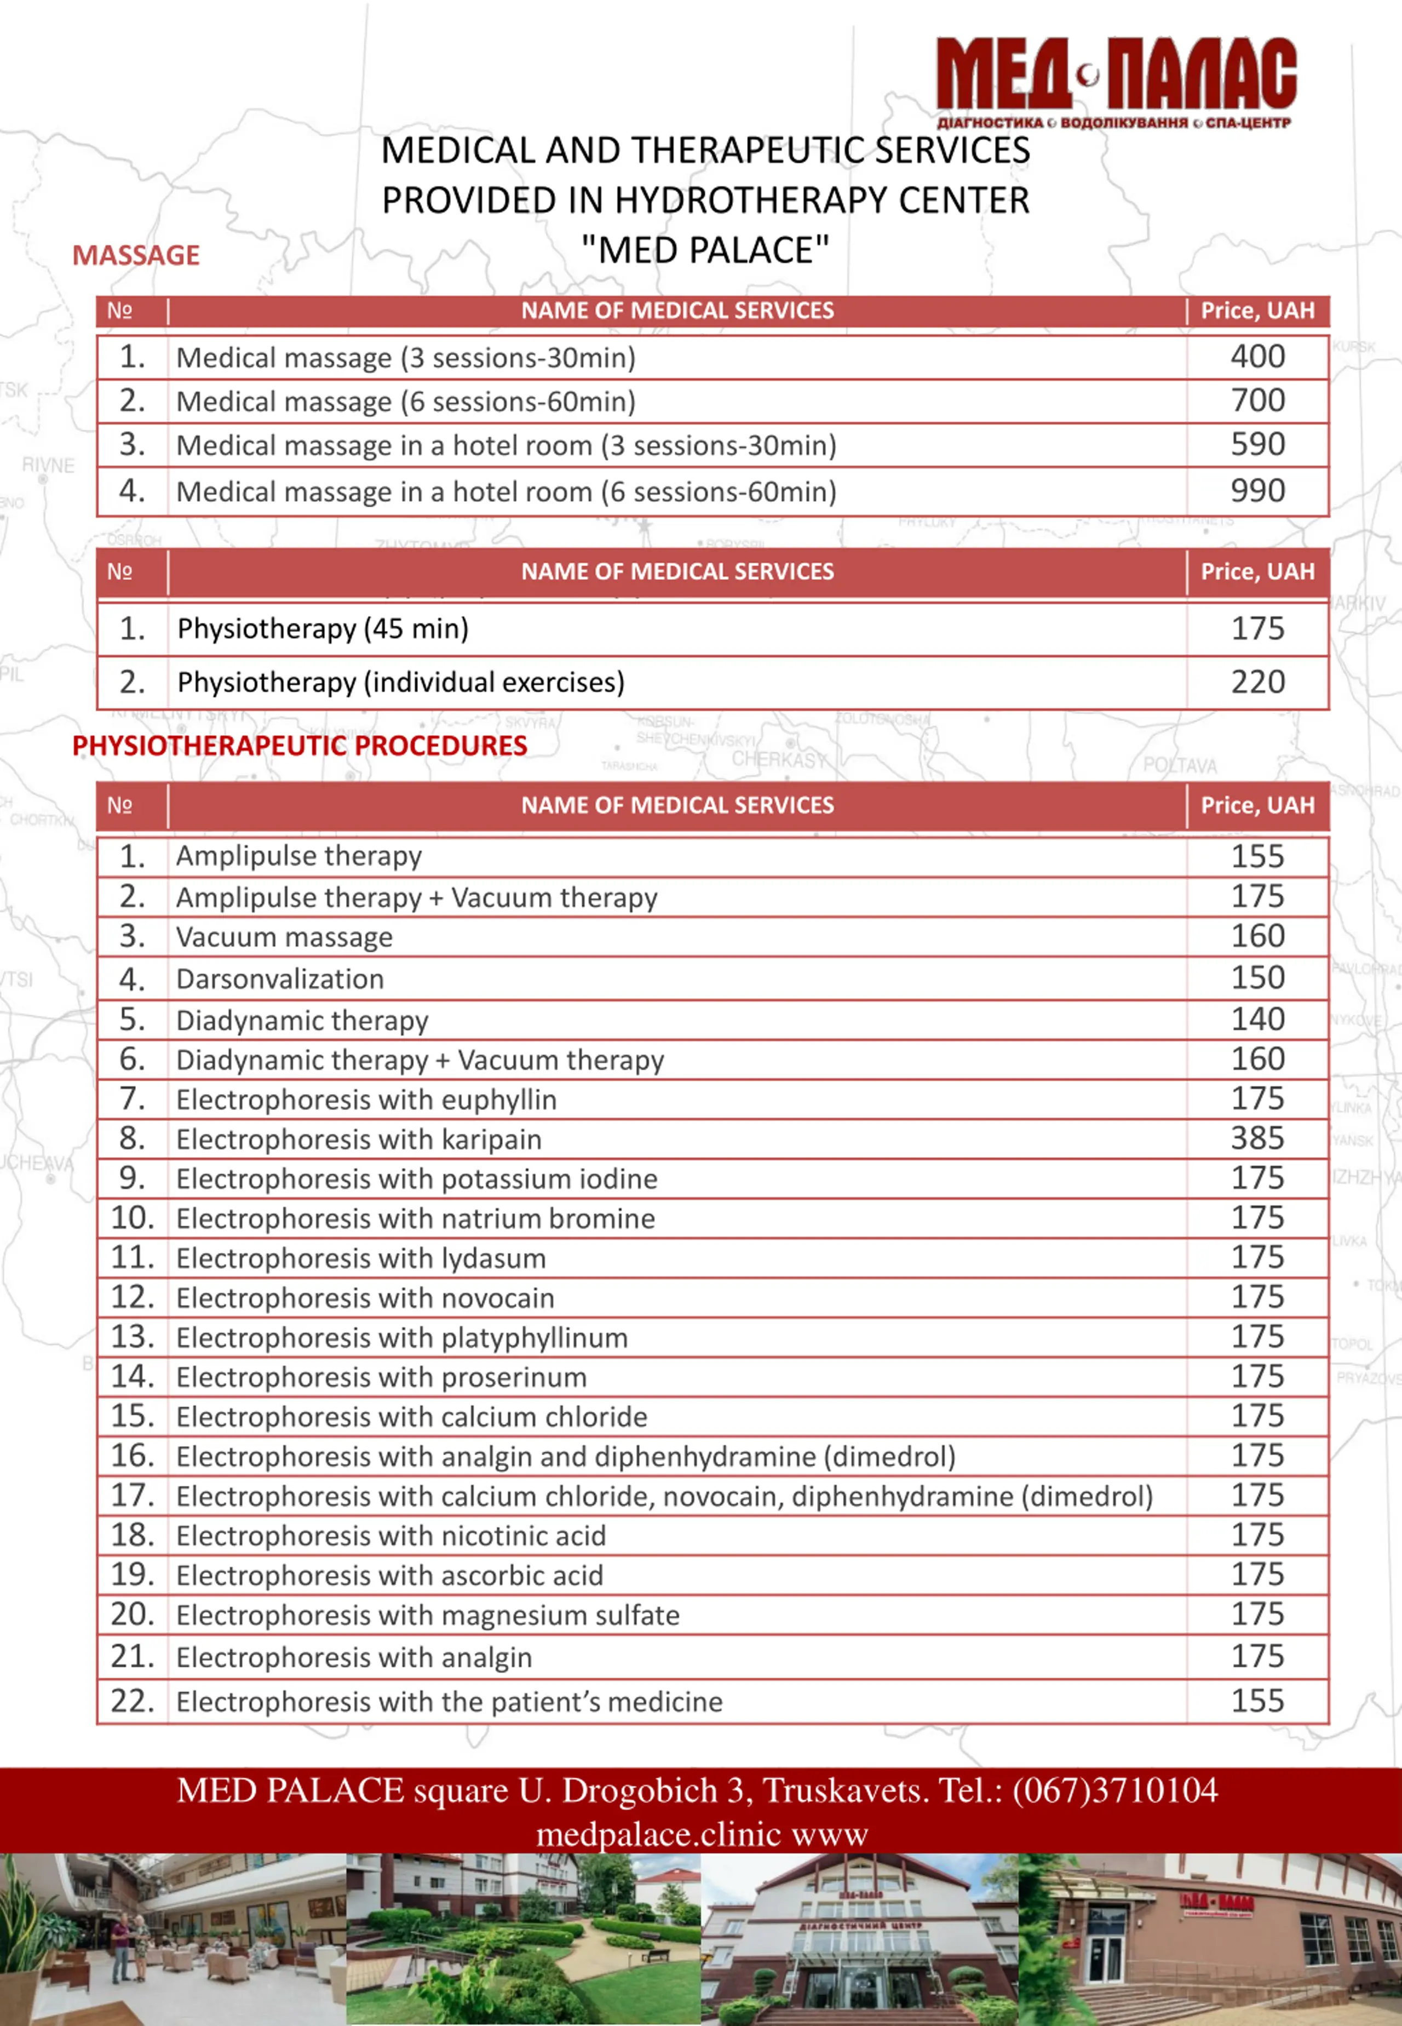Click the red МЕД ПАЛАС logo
1116,79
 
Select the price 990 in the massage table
1257,491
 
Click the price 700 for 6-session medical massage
1257,400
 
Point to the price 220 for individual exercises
1257,682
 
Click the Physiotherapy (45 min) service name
323,629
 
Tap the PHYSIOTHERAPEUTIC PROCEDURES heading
300,746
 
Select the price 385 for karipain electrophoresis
1257,1138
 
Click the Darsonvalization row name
280,978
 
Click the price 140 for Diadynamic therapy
1257,1019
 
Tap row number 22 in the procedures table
132,1701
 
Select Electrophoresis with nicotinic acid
391,1536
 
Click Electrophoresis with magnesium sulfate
428,1615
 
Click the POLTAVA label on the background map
1180,766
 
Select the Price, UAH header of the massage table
1257,311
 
